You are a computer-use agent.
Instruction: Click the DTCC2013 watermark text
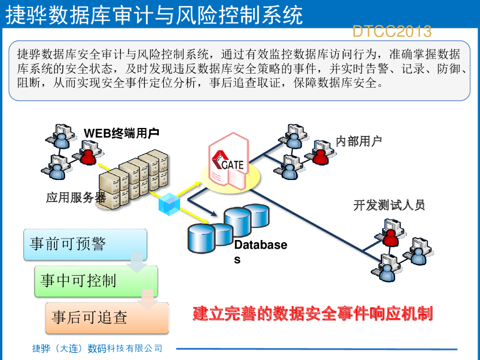point(391,31)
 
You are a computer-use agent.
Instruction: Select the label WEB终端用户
point(121,134)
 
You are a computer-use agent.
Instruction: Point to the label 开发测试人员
point(389,205)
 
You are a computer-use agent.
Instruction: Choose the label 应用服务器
point(76,198)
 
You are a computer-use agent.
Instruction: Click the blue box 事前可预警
point(85,244)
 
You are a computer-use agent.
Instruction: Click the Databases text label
point(260,251)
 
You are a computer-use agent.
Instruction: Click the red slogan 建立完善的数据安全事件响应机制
point(312,314)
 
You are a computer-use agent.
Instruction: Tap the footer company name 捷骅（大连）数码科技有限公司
point(97,348)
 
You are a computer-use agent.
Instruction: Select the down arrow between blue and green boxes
point(137,262)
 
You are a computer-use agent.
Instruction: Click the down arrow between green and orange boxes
point(148,300)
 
